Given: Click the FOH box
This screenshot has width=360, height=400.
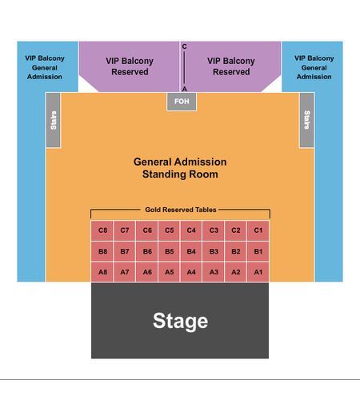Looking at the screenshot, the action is (182, 102).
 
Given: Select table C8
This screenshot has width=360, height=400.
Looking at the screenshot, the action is (102, 230).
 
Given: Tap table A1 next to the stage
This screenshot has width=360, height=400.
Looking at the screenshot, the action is (258, 272).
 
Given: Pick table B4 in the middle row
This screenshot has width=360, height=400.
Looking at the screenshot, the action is (191, 251).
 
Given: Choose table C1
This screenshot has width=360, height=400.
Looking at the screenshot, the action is (258, 230).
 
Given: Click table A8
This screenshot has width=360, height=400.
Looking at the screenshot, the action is (102, 272).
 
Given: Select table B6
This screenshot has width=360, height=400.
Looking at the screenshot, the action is (147, 251).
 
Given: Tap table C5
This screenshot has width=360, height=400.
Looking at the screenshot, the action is (169, 230).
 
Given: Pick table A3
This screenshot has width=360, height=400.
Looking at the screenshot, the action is (214, 272).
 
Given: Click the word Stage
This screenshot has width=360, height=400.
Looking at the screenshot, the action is (180, 321).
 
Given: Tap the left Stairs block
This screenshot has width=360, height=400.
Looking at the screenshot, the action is (54, 120).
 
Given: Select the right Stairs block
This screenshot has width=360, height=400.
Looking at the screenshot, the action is (307, 120).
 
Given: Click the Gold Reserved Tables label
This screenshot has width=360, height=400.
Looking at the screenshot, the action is (181, 210).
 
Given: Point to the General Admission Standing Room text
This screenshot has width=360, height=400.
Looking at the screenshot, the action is (180, 168).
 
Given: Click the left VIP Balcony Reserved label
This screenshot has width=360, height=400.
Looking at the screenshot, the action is (130, 66).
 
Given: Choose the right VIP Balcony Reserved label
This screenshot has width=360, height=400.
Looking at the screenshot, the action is (231, 66).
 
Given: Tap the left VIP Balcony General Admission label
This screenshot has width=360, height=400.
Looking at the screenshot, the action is (45, 67).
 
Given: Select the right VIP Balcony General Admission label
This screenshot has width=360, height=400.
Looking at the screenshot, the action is (314, 67).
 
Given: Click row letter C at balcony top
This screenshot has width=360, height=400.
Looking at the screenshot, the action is (184, 46).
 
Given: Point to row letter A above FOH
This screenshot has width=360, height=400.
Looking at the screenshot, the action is (184, 89).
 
